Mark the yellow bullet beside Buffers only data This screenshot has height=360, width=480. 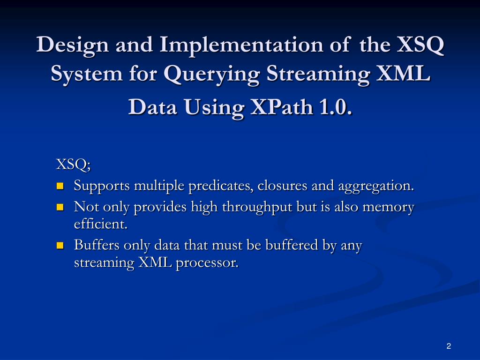pos(60,246)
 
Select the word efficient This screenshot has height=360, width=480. pos(100,224)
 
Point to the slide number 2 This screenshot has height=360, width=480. pos(449,346)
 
